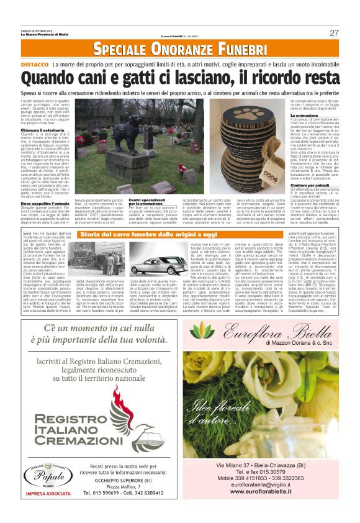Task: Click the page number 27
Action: pos(334,32)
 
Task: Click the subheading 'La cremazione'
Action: pos(287,116)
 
